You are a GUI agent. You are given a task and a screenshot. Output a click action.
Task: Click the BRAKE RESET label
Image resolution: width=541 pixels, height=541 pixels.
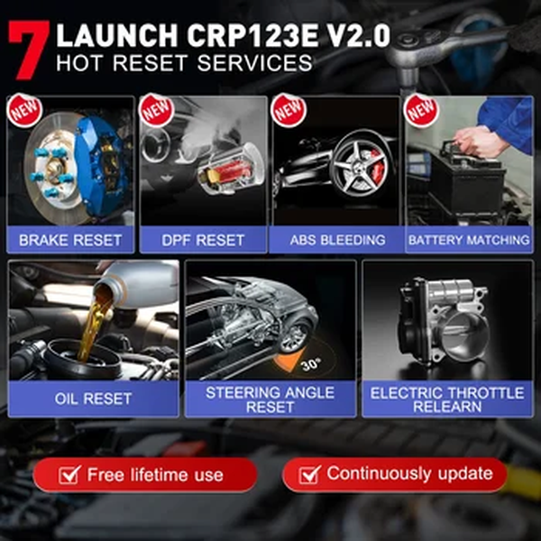pos(70,240)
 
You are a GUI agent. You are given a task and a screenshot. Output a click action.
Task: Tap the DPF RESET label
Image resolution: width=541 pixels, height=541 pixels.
pos(204,240)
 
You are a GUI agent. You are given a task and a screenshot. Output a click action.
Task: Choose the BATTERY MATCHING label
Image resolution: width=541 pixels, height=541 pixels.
pos(468,240)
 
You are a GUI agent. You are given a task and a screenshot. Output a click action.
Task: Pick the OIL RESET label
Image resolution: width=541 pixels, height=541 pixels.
pos(94,398)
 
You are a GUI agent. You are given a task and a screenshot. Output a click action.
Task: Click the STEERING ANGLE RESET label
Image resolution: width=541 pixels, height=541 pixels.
pos(270,399)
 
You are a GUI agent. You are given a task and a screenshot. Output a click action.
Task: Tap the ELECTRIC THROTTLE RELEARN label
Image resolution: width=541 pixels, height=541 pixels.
pos(447,399)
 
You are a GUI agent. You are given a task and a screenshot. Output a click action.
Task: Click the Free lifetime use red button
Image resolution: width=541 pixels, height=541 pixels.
pos(144,474)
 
